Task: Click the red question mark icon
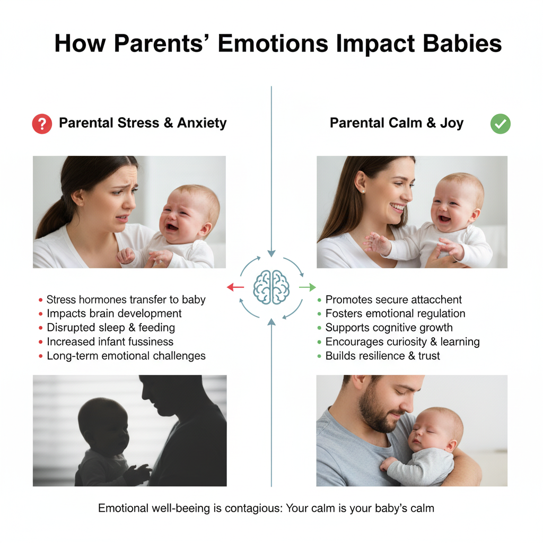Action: pyautogui.click(x=42, y=124)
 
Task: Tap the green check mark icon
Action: pyautogui.click(x=501, y=124)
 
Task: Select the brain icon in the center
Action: pyautogui.click(x=271, y=287)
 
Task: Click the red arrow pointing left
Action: pyautogui.click(x=235, y=287)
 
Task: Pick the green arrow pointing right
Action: pyautogui.click(x=308, y=287)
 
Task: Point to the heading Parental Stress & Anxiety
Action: pyautogui.click(x=143, y=123)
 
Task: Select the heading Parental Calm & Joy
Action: pyautogui.click(x=397, y=123)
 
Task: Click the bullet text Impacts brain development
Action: pyautogui.click(x=114, y=313)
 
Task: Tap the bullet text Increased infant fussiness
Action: pyautogui.click(x=110, y=342)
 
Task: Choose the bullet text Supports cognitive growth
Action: pyautogui.click(x=389, y=328)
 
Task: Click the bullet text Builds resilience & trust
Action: pyautogui.click(x=383, y=356)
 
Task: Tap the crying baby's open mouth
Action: pyautogui.click(x=172, y=227)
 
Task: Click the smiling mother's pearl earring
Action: pyautogui.click(x=363, y=191)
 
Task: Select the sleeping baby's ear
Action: pyautogui.click(x=451, y=445)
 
